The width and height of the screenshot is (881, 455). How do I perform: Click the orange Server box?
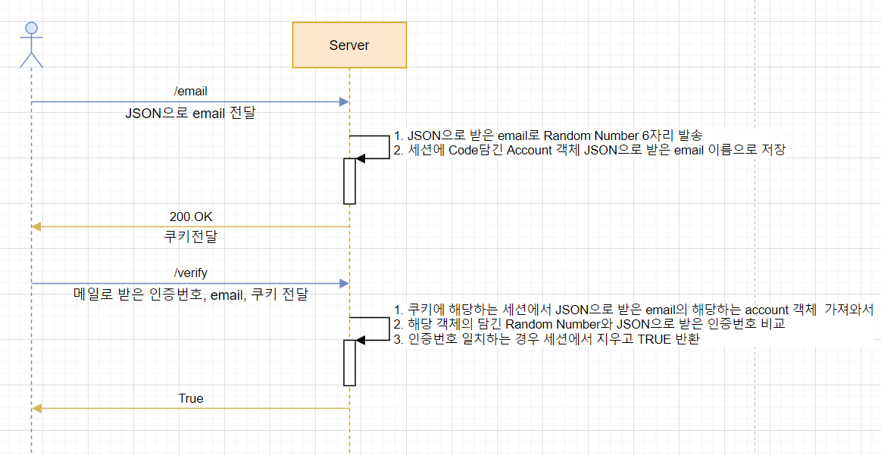tap(349, 45)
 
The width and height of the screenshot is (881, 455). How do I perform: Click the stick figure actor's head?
tap(32, 28)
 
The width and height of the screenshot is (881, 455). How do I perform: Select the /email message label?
tap(191, 92)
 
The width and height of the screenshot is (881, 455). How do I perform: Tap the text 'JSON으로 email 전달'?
tap(191, 114)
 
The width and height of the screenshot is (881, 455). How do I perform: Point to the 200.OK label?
tap(191, 217)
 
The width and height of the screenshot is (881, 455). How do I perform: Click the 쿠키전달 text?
tap(191, 238)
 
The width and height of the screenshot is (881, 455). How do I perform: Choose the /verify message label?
tap(191, 273)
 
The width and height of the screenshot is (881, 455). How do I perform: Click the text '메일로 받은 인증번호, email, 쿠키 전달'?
tap(191, 295)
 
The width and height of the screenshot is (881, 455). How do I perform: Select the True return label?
tap(191, 398)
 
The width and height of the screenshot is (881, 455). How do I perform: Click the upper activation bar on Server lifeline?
tap(349, 181)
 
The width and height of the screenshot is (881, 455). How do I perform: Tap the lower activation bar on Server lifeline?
tap(349, 363)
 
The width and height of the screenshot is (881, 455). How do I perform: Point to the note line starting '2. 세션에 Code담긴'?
tap(589, 150)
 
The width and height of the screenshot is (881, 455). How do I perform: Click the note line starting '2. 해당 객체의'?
tap(589, 324)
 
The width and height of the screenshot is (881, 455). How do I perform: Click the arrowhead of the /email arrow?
tap(345, 101)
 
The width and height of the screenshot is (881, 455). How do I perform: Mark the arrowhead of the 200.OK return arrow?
tap(36, 226)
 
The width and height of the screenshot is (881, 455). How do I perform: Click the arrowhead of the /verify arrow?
tap(345, 283)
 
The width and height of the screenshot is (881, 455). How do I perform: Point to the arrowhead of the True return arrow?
tap(36, 408)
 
